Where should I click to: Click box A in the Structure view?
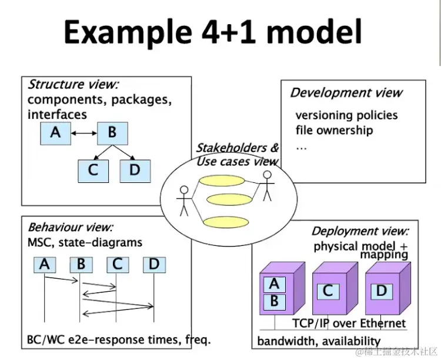tap(55, 134)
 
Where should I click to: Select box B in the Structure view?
tap(112, 134)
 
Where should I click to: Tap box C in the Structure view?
tap(93, 171)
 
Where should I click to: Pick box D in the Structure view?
tap(135, 171)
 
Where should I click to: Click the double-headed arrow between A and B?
tap(84, 134)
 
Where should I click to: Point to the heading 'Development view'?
tap(346, 92)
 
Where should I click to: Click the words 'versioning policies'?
tap(346, 115)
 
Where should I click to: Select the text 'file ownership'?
tap(334, 131)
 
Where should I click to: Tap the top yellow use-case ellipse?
tap(222, 181)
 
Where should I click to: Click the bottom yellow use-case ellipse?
tap(226, 222)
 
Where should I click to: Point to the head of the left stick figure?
tap(184, 190)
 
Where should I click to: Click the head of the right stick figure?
tap(267, 175)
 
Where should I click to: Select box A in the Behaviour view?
tap(45, 265)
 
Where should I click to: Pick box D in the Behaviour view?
tap(155, 265)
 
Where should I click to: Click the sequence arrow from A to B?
tap(61, 279)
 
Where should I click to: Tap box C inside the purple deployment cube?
tap(328, 292)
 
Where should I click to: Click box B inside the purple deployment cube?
tap(275, 301)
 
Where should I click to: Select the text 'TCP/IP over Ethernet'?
tap(349, 323)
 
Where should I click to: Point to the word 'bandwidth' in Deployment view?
tap(285, 341)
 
